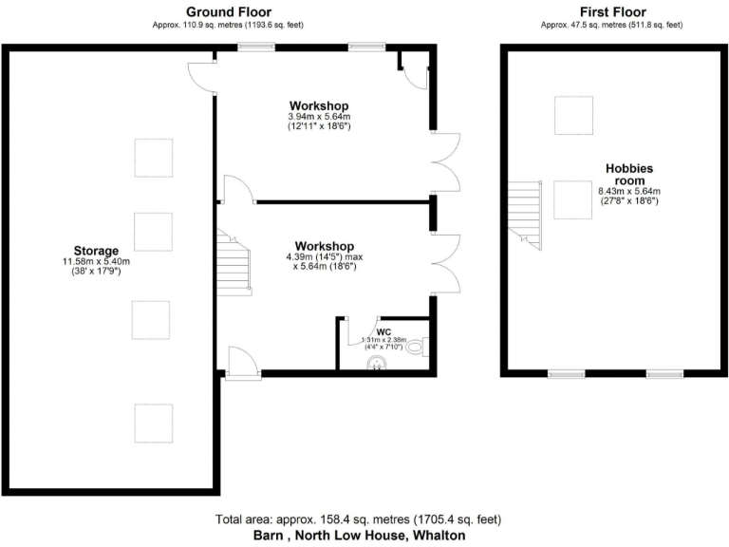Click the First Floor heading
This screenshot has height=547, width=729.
click(612, 11)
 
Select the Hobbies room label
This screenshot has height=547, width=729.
click(629, 175)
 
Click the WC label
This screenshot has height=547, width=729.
click(383, 332)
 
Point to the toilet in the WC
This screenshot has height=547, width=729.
click(418, 348)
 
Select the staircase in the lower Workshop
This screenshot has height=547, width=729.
click(235, 266)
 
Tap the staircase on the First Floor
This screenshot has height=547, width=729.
click(522, 212)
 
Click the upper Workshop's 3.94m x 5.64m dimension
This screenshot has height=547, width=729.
click(319, 117)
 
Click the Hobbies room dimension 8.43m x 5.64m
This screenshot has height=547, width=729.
click(628, 191)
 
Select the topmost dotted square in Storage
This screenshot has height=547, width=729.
click(154, 157)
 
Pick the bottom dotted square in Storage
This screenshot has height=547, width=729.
click(154, 423)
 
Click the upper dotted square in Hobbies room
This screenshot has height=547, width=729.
click(573, 115)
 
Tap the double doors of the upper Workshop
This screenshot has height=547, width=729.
click(448, 162)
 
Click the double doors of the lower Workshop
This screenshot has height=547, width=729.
click(448, 263)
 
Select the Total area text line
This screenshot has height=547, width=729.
click(358, 519)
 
